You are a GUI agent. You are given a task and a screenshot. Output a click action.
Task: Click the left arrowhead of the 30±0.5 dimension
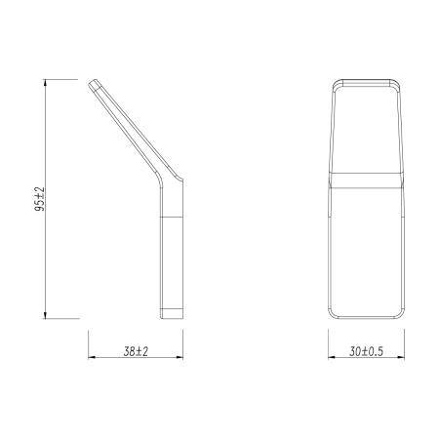(331, 358)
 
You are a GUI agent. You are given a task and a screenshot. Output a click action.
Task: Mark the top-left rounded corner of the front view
(334, 81)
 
